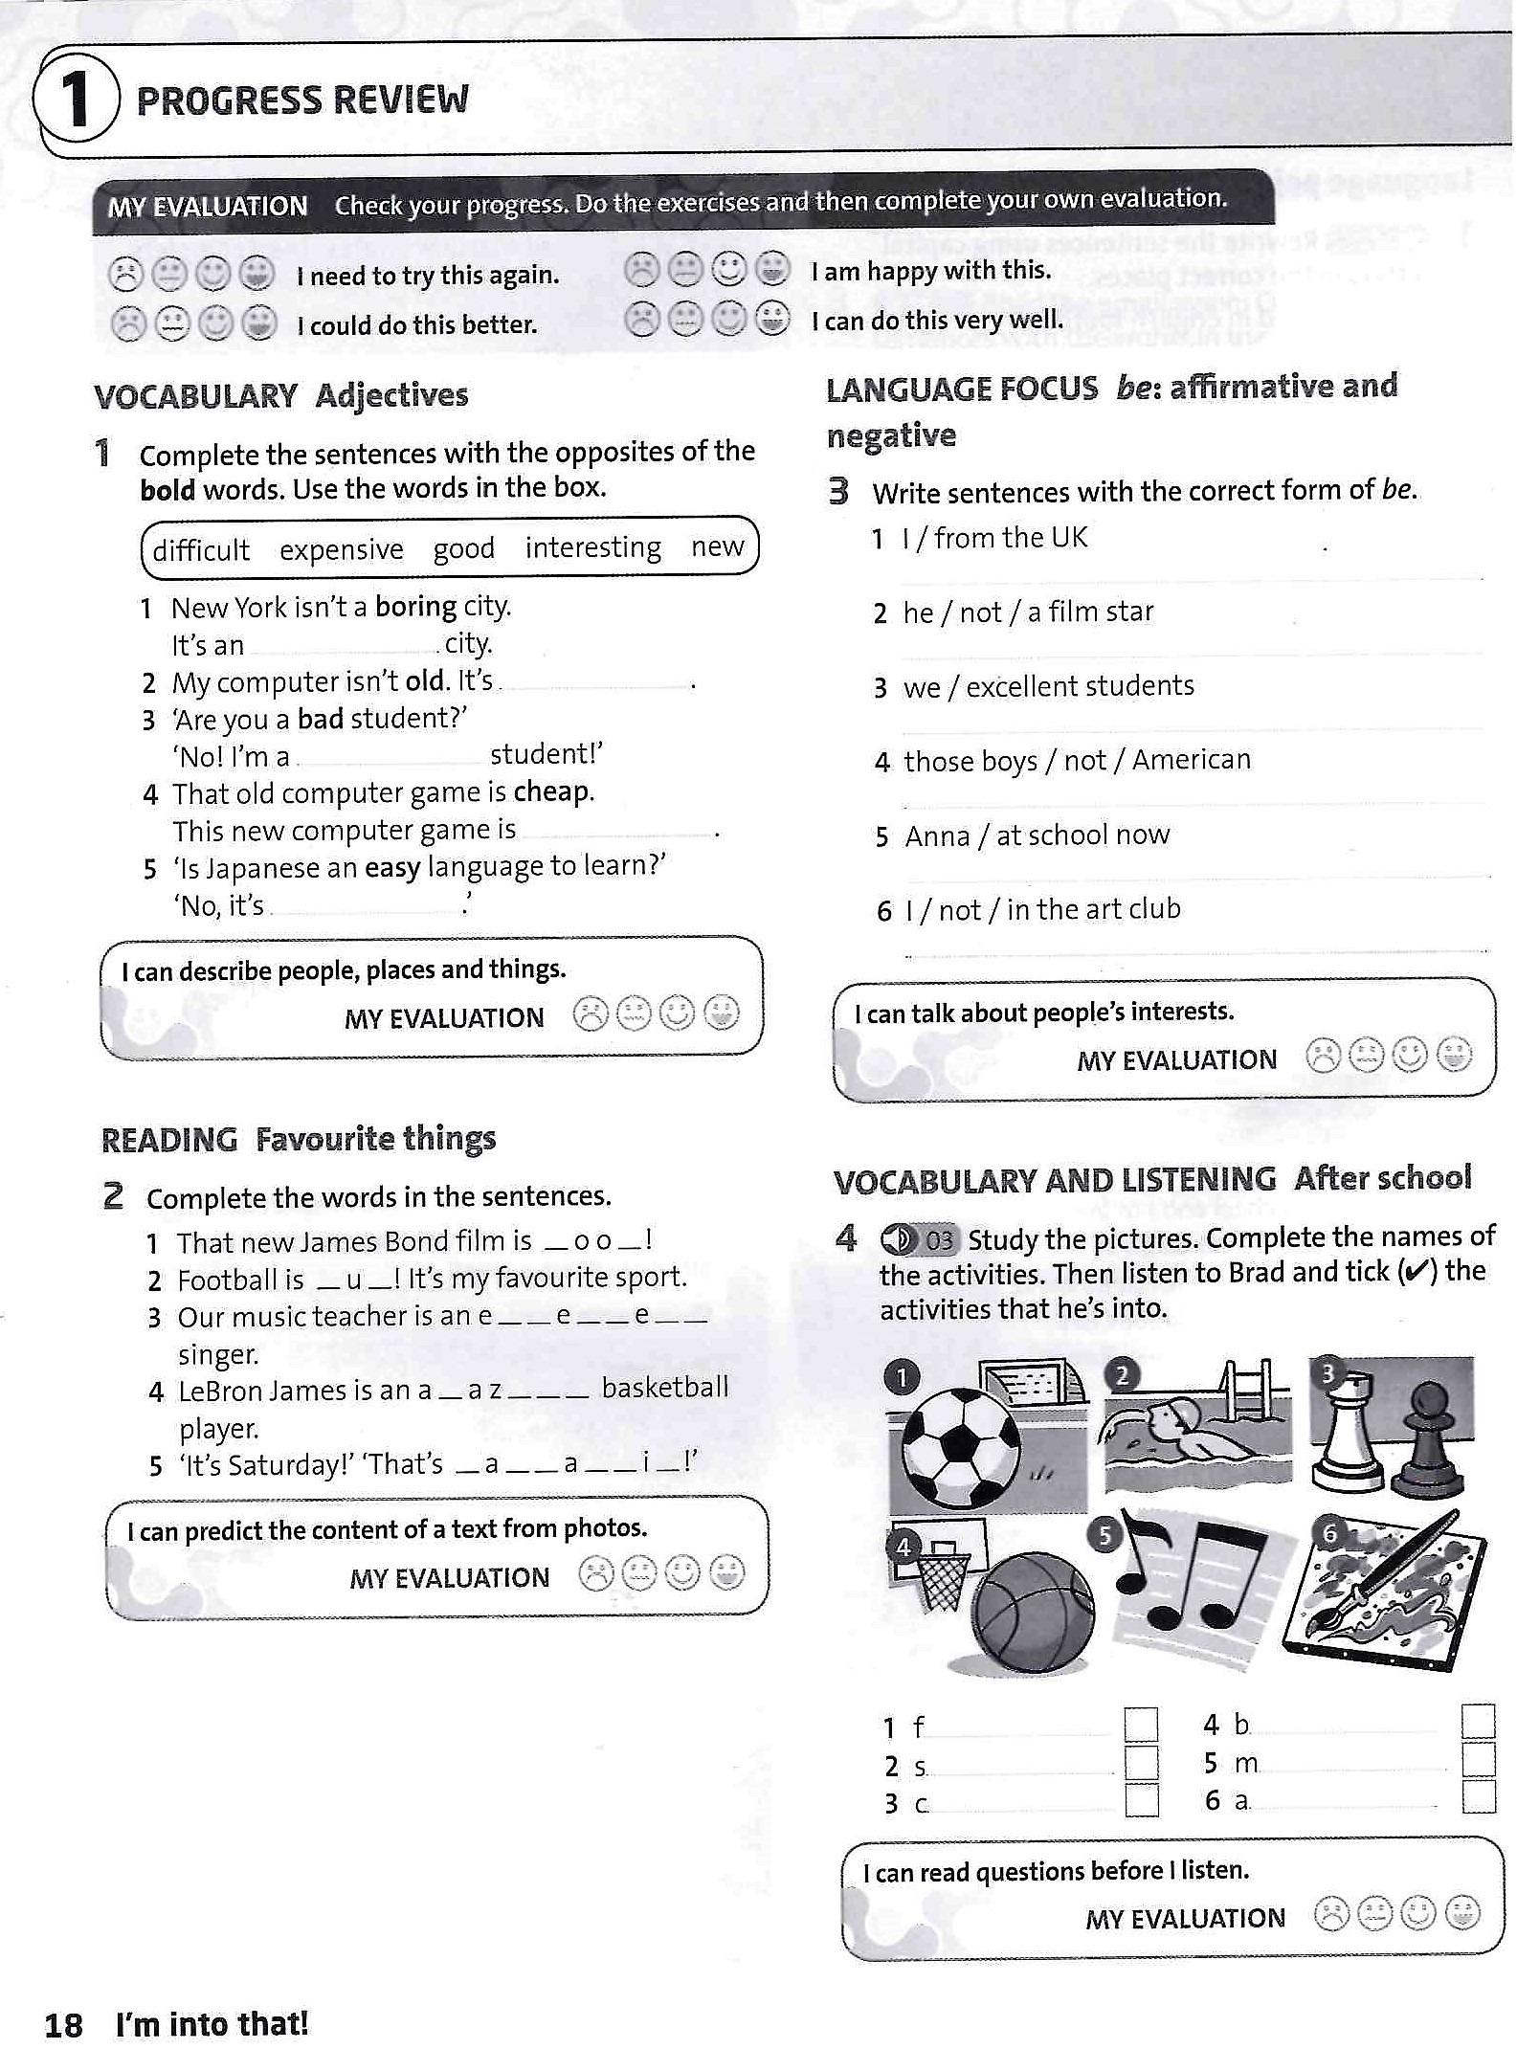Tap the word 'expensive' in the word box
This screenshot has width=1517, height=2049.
click(x=342, y=550)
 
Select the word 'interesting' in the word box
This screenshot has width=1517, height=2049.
click(x=592, y=547)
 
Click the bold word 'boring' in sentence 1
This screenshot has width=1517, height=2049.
click(x=415, y=607)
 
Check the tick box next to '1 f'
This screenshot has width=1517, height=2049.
click(x=1140, y=1726)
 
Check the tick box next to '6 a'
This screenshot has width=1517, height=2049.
click(x=1479, y=1796)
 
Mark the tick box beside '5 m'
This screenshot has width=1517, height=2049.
click(x=1479, y=1760)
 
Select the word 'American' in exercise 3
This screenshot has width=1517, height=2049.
click(x=1191, y=760)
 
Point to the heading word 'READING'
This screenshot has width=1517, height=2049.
click(x=169, y=1140)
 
